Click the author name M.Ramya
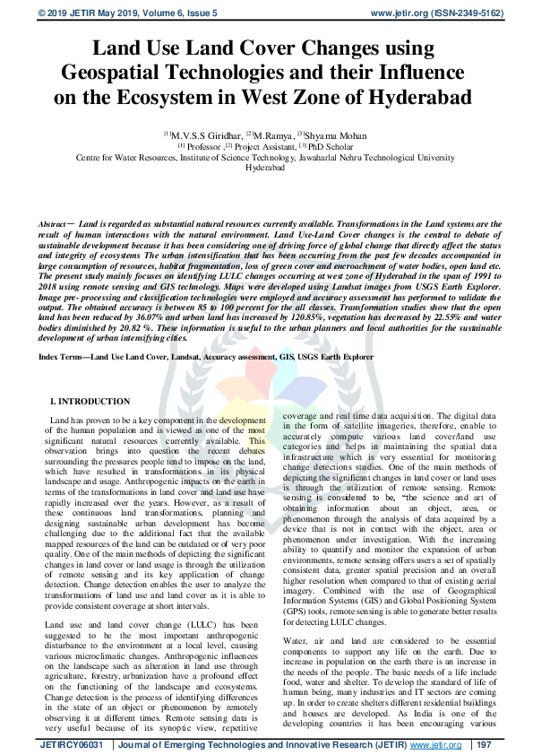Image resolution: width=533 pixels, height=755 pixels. (x=273, y=135)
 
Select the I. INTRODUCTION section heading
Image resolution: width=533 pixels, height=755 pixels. (x=90, y=402)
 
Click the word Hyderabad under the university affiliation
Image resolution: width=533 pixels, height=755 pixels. (x=265, y=168)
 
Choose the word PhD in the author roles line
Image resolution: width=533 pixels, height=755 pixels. (x=313, y=146)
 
